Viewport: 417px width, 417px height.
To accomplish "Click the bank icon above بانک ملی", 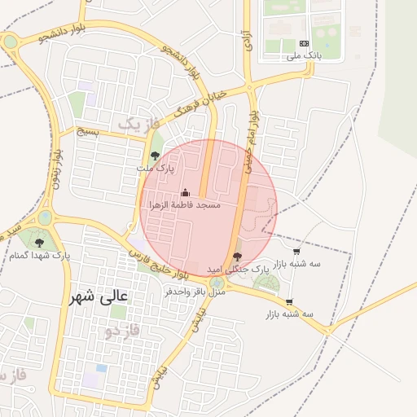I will point(305,43).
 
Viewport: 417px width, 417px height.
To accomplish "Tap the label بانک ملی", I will point(305,57).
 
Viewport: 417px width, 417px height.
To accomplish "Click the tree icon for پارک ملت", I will point(156,155).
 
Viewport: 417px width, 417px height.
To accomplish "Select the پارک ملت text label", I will point(155,169).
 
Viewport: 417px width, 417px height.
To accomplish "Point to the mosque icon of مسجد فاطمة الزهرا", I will point(185,193).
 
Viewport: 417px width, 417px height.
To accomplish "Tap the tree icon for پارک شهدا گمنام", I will point(39,242).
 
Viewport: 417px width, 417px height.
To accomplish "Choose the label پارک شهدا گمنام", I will point(40,256).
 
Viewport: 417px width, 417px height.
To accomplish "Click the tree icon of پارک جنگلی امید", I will point(237,256).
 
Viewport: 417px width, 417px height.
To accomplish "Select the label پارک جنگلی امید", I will point(236,268).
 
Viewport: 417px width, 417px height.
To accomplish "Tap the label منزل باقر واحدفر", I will point(195,291).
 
